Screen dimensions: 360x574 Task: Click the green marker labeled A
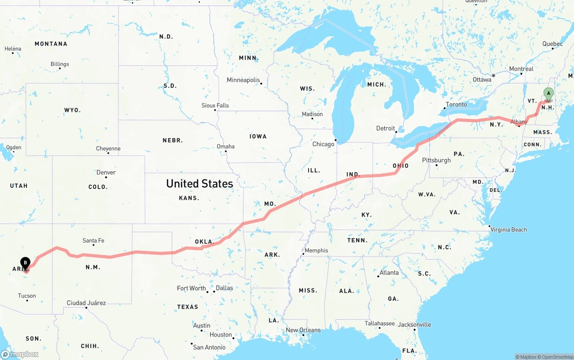548,94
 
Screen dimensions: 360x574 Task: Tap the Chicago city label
323,144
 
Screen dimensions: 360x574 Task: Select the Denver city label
106,172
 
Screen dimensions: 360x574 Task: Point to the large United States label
200,183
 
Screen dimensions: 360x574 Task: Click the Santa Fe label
93,241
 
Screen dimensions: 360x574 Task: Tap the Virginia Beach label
509,230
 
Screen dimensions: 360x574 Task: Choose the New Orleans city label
303,330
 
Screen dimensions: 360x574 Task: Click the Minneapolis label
243,80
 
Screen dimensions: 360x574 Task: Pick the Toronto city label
456,104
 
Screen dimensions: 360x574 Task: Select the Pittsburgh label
436,160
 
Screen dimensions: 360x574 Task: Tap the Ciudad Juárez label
86,303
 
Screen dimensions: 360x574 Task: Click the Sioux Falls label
215,105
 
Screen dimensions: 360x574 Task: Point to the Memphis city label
316,250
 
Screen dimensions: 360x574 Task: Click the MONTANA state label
51,44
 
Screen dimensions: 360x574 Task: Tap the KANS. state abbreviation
188,198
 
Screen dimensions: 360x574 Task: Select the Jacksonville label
414,325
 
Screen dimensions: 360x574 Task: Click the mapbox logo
20,354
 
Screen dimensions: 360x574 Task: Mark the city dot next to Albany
519,126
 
